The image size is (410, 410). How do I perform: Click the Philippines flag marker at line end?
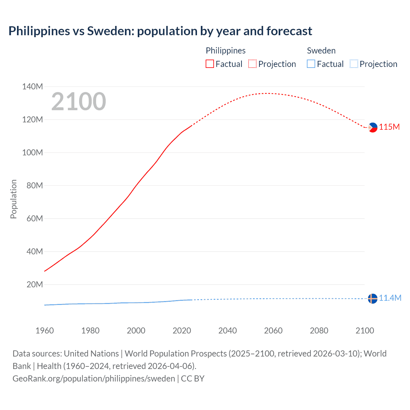[373, 127]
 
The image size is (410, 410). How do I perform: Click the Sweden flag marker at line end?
[373, 299]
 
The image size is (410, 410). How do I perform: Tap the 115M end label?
[389, 127]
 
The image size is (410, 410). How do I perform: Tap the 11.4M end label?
[390, 298]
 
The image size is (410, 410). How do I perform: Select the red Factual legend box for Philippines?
[209, 64]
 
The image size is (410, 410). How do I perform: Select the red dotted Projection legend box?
[252, 64]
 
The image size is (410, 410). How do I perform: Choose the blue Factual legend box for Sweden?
[311, 64]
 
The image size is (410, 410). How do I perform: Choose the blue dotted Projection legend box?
[354, 64]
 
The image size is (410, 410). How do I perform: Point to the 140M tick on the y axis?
[32, 86]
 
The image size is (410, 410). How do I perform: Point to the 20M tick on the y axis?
[35, 284]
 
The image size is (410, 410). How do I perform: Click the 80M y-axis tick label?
[35, 185]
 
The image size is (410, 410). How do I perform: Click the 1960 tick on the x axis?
[45, 331]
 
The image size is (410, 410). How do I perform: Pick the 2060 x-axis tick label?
[273, 331]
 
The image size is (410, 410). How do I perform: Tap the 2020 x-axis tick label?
[182, 331]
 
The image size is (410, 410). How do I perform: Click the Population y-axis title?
[13, 199]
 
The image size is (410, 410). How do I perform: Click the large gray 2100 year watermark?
[78, 102]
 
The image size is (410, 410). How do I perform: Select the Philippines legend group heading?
[225, 51]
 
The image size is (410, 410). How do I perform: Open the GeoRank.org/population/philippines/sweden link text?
[94, 378]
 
